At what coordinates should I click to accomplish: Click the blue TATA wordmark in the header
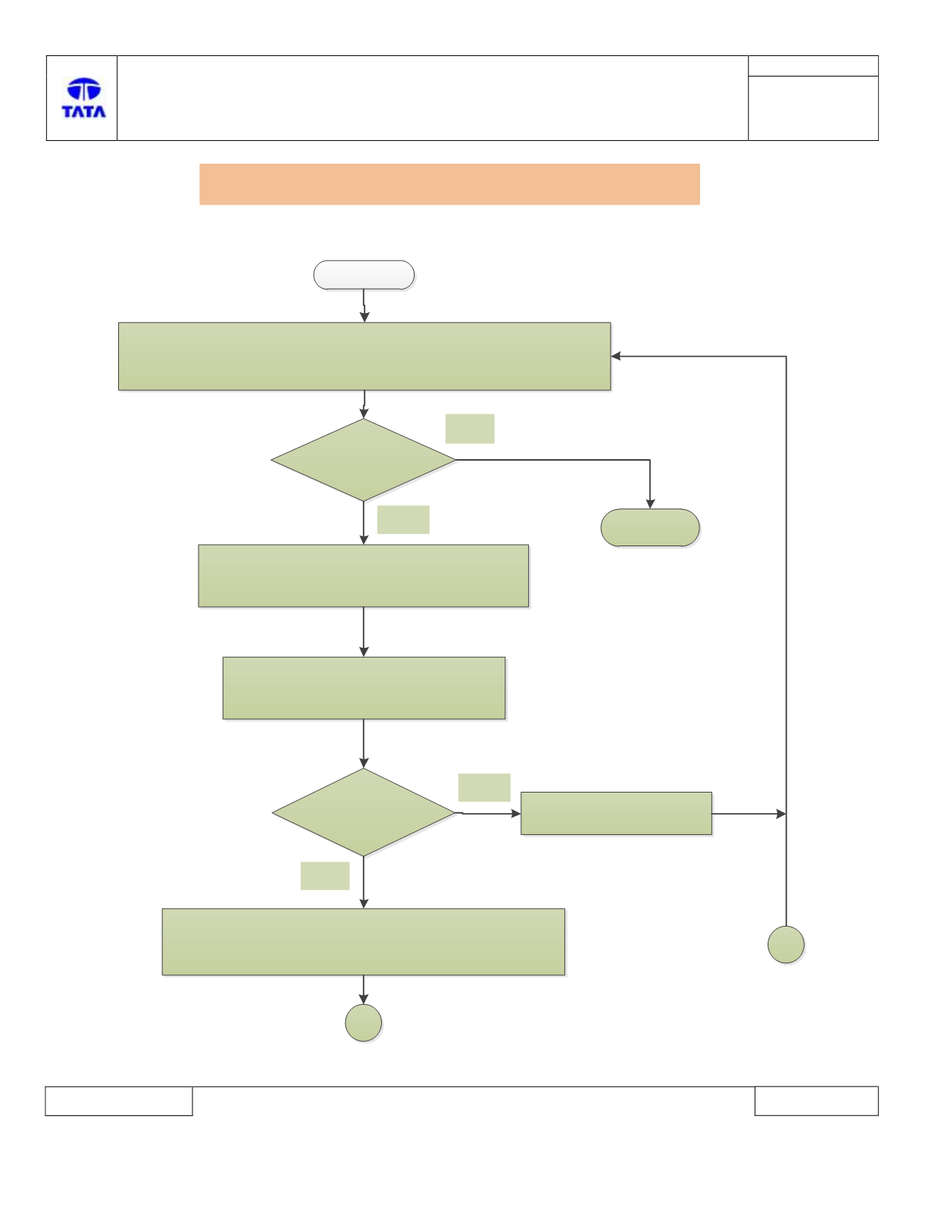[x=83, y=111]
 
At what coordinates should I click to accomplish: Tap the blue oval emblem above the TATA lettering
[x=83, y=89]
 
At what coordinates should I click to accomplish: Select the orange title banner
[x=449, y=184]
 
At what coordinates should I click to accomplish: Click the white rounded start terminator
[x=364, y=275]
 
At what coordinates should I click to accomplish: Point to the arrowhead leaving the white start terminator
[x=364, y=317]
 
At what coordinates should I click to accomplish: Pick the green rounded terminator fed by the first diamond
[x=650, y=527]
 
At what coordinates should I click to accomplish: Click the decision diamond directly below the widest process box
[x=363, y=460]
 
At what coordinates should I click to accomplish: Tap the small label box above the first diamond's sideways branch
[x=470, y=429]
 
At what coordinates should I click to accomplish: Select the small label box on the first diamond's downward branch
[x=403, y=520]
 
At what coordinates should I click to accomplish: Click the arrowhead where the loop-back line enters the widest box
[x=615, y=356]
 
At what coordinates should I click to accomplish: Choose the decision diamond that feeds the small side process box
[x=363, y=813]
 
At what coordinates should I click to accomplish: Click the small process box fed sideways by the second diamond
[x=616, y=813]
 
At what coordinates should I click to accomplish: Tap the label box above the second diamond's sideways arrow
[x=484, y=788]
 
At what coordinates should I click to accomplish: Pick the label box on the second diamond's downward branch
[x=325, y=876]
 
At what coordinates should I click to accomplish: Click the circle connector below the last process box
[x=363, y=1023]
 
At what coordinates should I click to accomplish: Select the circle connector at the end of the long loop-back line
[x=786, y=944]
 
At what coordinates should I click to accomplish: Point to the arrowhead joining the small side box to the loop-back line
[x=781, y=814]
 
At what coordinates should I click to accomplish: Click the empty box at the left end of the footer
[x=119, y=1101]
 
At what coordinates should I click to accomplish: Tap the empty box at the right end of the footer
[x=817, y=1101]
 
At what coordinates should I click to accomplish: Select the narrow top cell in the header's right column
[x=813, y=66]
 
